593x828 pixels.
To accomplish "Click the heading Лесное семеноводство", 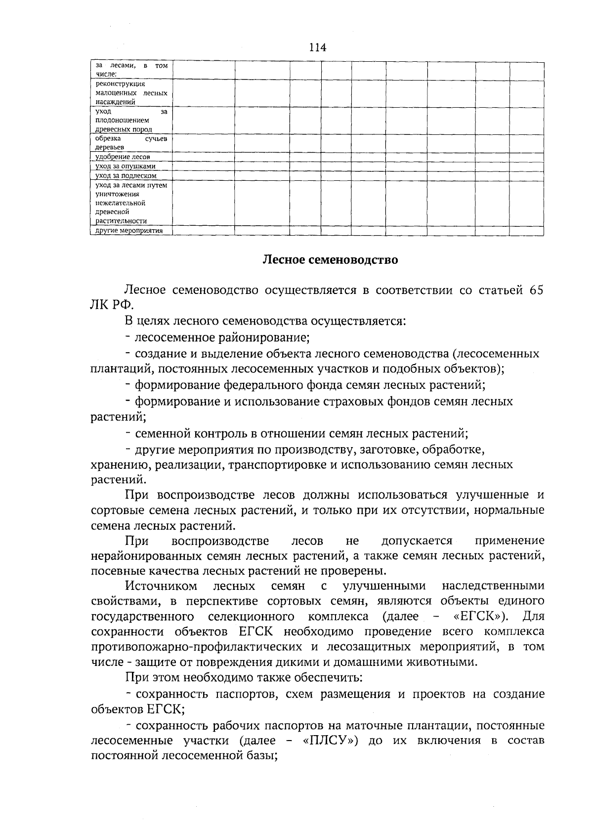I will [x=330, y=259].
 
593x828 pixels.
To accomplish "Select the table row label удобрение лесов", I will [x=123, y=157].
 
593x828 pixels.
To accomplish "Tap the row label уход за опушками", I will [x=126, y=166].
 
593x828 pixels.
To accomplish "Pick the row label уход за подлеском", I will [x=126, y=175].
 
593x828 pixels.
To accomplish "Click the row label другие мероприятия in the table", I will [x=129, y=231].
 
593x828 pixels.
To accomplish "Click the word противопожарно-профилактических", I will [x=197, y=647].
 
